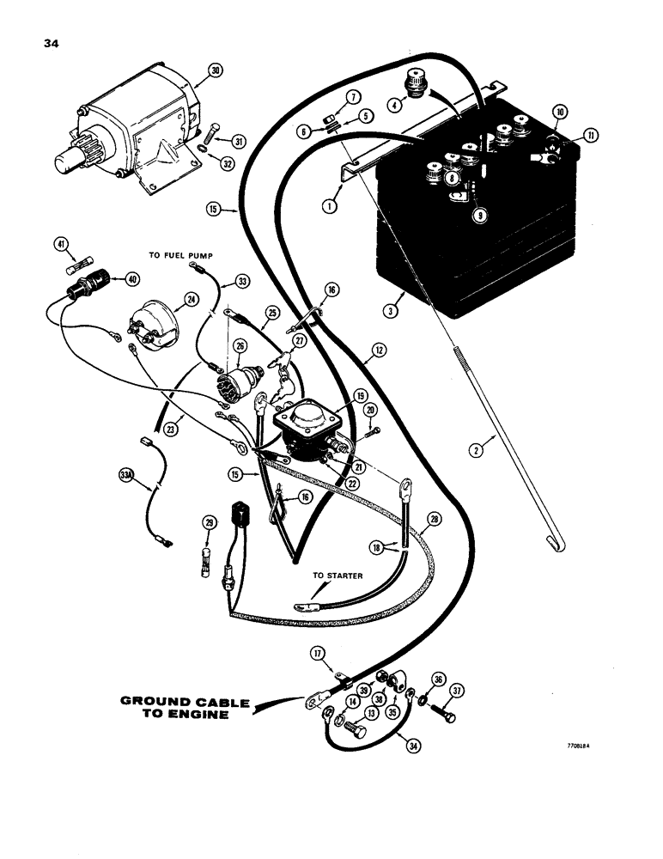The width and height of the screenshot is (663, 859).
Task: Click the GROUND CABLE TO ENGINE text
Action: [185, 708]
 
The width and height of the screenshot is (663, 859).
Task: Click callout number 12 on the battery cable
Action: [379, 350]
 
